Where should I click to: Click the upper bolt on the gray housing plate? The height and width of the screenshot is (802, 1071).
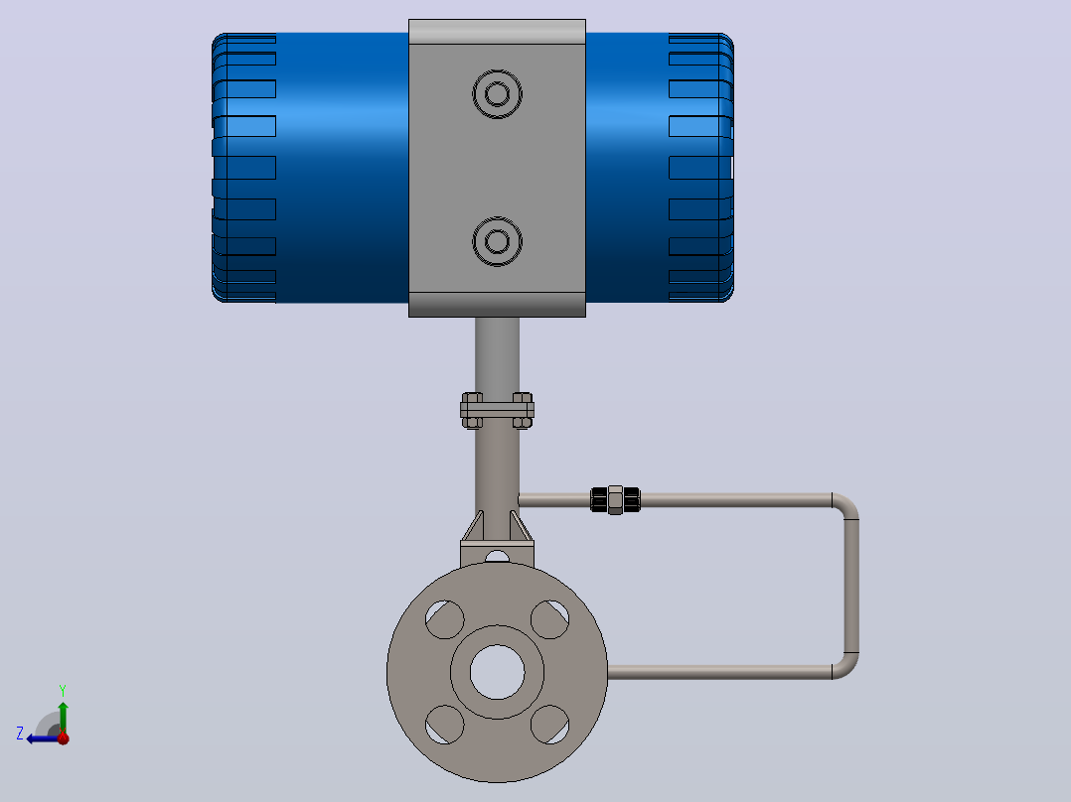tap(497, 94)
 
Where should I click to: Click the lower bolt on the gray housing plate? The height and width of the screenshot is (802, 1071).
tap(497, 241)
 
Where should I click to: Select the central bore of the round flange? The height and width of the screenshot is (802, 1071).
tap(497, 672)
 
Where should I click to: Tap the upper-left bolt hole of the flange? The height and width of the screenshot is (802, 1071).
tap(445, 619)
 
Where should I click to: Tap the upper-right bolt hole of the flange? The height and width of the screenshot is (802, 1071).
tap(549, 619)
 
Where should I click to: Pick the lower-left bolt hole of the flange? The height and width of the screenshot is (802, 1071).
tap(445, 725)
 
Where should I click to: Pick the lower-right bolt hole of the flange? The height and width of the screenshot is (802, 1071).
tap(549, 725)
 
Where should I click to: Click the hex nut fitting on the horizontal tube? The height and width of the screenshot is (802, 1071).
tap(615, 499)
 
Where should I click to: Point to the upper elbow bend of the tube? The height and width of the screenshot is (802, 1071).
tap(846, 506)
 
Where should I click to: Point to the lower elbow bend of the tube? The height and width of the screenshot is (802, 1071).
tap(846, 666)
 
